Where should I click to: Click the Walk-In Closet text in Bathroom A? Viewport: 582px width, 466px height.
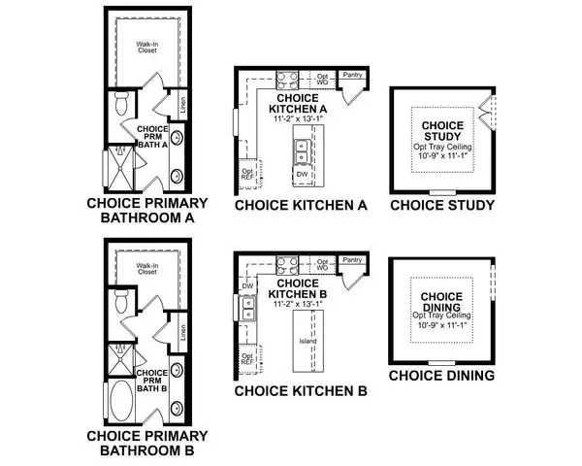pos(147,46)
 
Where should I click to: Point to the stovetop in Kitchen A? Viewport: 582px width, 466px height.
pos(287,80)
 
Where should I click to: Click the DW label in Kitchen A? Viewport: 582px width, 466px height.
pos(302,175)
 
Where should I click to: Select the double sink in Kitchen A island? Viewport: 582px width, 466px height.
pos(302,151)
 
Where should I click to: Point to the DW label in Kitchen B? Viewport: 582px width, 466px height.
pos(247,286)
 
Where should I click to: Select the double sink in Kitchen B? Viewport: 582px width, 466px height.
pos(247,311)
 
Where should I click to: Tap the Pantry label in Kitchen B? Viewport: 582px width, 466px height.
pos(353,260)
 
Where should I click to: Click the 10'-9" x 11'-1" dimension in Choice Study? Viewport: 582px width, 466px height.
pos(442,154)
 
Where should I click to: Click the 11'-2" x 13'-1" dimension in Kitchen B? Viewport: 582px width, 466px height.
pos(299,304)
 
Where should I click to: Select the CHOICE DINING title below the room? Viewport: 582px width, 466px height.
pos(442,375)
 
